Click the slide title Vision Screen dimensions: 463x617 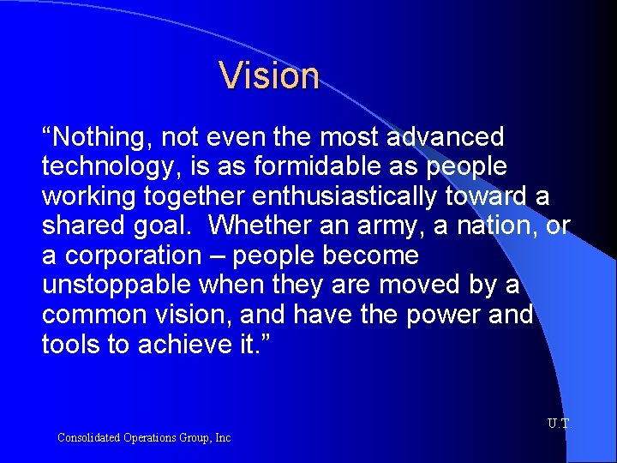pyautogui.click(x=269, y=75)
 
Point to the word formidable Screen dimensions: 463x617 pyautogui.click(x=313, y=166)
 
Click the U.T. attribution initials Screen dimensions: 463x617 pyautogui.click(x=559, y=424)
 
